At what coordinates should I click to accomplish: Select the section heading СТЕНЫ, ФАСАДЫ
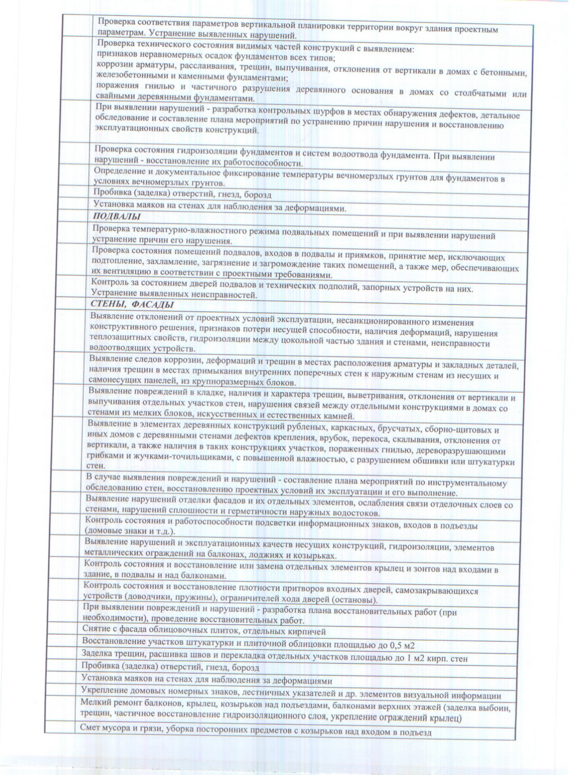[132, 304]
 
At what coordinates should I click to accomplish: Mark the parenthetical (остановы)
[354, 601]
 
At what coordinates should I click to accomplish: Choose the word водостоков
[356, 514]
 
